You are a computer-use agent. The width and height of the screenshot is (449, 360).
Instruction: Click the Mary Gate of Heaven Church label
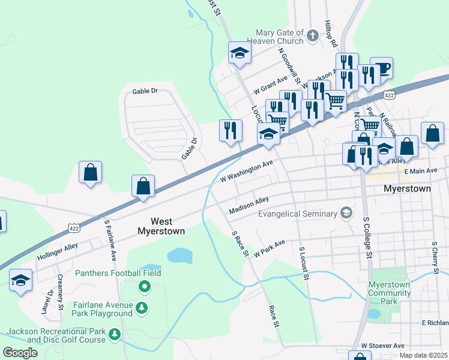[281, 37]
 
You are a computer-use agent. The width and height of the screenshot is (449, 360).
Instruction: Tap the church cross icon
[312, 36]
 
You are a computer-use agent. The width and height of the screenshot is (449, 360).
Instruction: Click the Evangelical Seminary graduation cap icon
[346, 214]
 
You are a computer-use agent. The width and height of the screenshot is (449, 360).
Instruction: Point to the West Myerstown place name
[161, 226]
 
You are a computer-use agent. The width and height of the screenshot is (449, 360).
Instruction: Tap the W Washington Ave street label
[247, 171]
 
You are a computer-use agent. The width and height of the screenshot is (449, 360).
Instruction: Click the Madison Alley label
[249, 205]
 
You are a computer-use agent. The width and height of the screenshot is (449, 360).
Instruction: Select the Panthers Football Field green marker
[144, 287]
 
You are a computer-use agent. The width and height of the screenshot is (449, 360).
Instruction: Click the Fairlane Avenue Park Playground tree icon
[142, 308]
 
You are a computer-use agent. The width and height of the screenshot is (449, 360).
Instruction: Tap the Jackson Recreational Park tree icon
[113, 333]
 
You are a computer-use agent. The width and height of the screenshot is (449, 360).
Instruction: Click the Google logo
[20, 353]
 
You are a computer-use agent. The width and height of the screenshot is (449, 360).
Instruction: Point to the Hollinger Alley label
[58, 251]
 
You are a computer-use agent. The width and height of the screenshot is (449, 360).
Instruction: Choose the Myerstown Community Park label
[390, 289]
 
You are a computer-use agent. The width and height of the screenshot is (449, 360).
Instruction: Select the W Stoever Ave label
[382, 346]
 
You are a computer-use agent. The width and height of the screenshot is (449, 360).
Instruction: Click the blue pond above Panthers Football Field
[179, 256]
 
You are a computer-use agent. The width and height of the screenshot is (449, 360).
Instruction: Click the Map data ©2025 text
[423, 355]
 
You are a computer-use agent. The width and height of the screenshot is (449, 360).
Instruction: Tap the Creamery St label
[61, 292]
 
